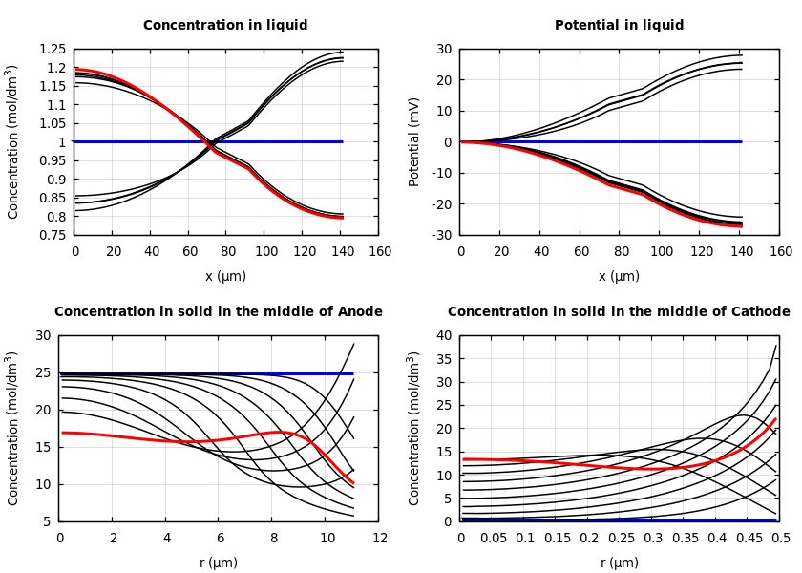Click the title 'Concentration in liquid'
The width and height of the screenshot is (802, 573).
click(225, 26)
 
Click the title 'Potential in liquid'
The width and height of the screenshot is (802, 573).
click(619, 26)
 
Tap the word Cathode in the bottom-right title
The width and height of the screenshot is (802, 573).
click(758, 312)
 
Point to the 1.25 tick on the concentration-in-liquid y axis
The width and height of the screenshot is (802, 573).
click(52, 50)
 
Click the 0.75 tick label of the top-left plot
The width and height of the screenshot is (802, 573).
click(52, 235)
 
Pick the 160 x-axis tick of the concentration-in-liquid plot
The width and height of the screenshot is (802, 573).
click(379, 251)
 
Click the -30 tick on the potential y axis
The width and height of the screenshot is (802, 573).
click(442, 235)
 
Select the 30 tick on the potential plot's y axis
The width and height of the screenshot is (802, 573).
click(445, 50)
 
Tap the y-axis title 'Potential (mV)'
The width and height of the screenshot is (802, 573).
click(414, 141)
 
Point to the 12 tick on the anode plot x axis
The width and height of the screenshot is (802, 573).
click(379, 539)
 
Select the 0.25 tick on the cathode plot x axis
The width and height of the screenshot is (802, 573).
click(621, 539)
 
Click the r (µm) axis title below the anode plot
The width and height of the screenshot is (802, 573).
click(219, 563)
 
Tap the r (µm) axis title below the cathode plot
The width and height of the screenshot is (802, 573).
click(620, 563)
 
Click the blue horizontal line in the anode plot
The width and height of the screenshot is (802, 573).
click(191, 373)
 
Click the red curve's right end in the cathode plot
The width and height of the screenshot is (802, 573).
click(774, 419)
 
